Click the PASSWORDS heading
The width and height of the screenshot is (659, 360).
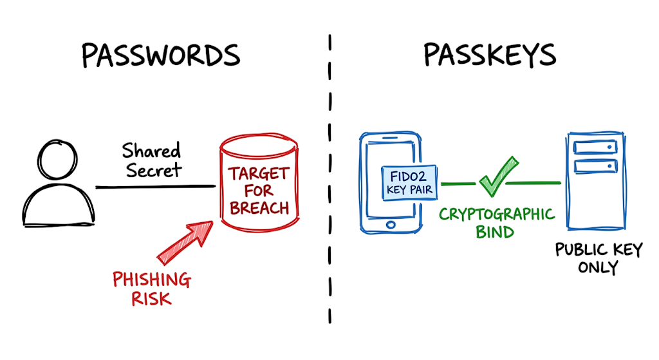pos(160,55)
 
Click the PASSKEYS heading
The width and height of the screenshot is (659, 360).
pos(490,55)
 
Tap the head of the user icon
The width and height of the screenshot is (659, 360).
pos(57,160)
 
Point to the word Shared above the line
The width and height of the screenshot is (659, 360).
pos(151,151)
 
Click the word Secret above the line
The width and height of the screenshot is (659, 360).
pos(154,170)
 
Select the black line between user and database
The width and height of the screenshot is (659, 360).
pos(156,186)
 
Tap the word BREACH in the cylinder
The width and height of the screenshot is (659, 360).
pos(259,208)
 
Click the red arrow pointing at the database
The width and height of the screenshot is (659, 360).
pos(185,243)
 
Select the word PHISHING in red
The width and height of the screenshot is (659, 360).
pos(152,279)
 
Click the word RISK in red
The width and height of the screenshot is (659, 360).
pos(151,299)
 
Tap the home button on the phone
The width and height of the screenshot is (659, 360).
pos(391,225)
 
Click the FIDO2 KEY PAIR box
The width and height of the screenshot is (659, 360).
pos(409,183)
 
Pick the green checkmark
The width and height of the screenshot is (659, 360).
pos(499,176)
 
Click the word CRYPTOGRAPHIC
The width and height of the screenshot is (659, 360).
pos(497,214)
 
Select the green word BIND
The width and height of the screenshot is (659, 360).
pos(495,232)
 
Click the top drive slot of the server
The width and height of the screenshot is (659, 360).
pos(595,147)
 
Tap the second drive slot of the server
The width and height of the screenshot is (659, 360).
pos(595,166)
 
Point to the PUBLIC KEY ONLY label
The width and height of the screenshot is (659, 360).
pos(599,258)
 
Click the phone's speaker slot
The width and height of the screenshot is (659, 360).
pos(390,138)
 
